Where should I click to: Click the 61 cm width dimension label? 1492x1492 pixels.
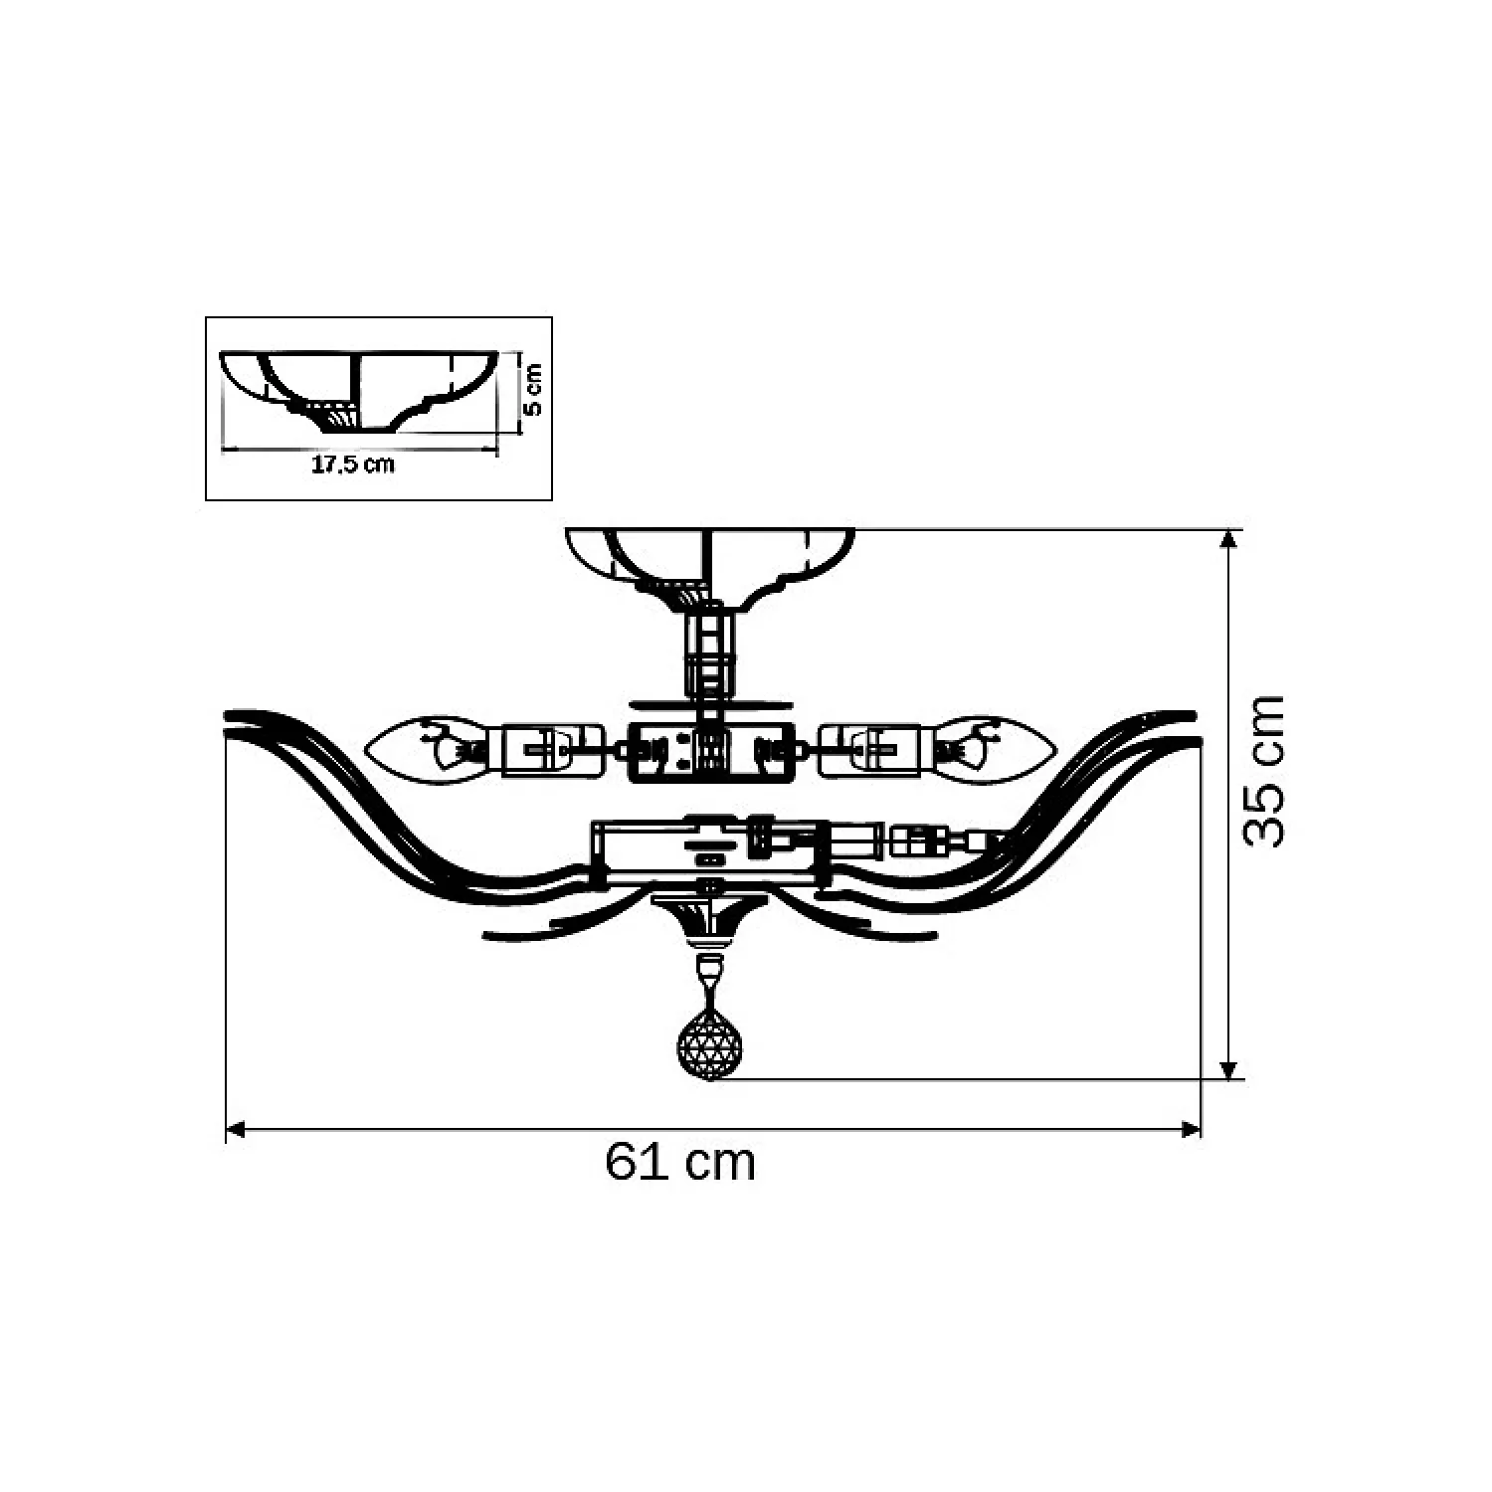point(680,1162)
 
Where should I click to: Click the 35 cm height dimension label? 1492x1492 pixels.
point(1264,771)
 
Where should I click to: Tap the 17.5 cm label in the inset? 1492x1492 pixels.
point(353,465)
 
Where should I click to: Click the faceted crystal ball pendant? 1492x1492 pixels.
point(709,1043)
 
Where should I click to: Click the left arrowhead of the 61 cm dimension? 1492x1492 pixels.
point(237,1129)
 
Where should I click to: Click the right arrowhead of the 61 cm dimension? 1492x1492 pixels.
point(1190,1129)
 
